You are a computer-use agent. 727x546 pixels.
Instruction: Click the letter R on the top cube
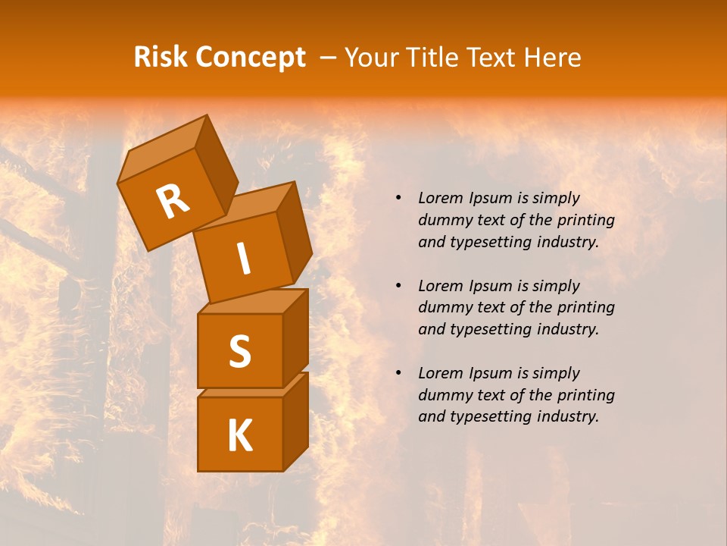pyautogui.click(x=173, y=202)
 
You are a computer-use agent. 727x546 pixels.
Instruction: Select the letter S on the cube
pyautogui.click(x=239, y=350)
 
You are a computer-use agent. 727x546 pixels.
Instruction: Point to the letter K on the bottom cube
pyautogui.click(x=239, y=436)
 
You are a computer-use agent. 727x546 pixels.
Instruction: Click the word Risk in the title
pyautogui.click(x=161, y=58)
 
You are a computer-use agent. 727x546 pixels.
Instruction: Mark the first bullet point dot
pyautogui.click(x=398, y=199)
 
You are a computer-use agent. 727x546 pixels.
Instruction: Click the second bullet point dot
pyautogui.click(x=398, y=286)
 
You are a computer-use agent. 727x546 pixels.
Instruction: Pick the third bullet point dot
pyautogui.click(x=398, y=373)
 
